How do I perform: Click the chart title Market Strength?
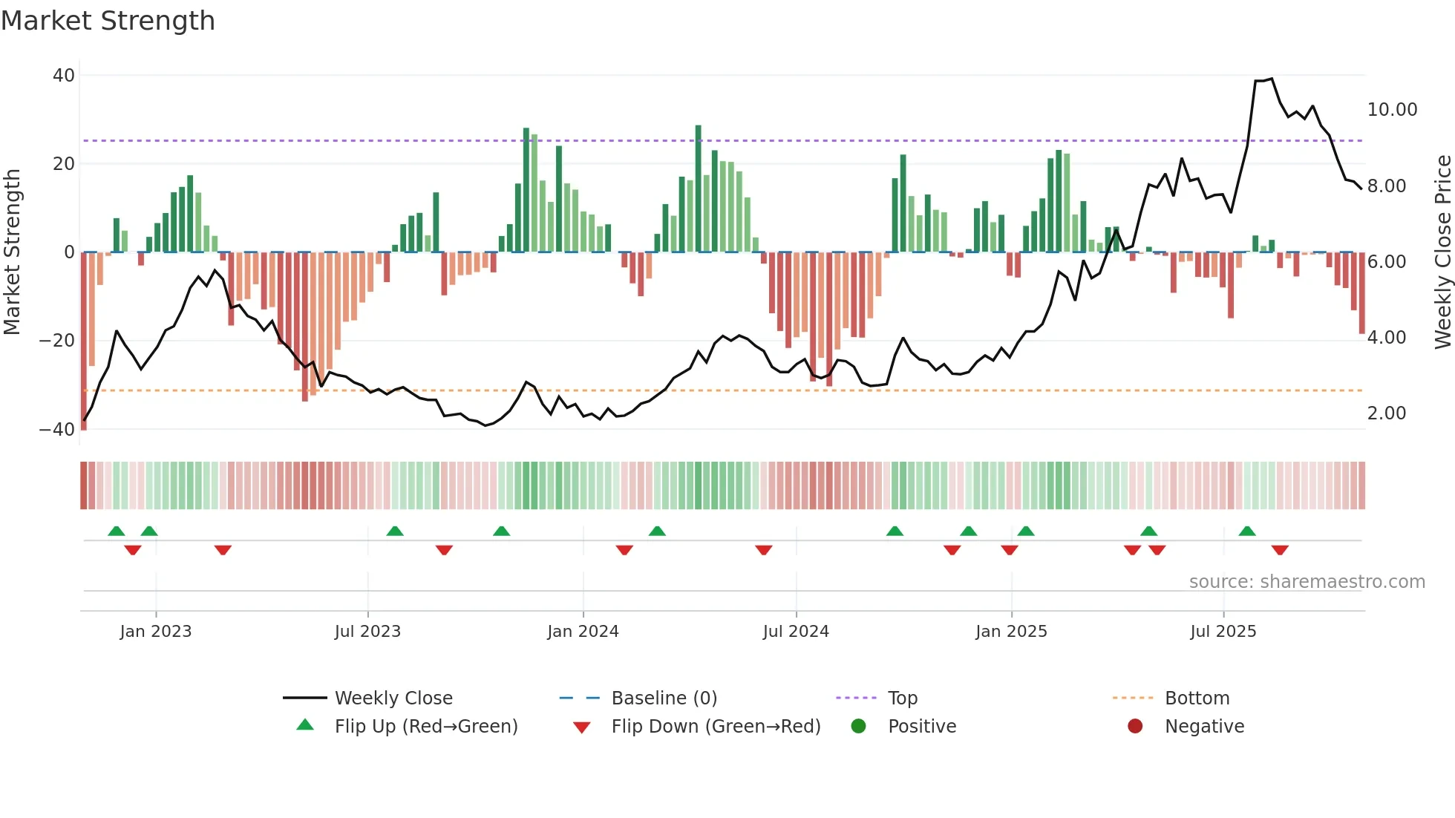(108, 20)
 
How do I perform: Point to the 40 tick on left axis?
(64, 76)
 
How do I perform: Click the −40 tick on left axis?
(57, 430)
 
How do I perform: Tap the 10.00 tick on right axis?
(1392, 110)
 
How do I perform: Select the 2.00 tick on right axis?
(1386, 413)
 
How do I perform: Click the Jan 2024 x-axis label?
(583, 632)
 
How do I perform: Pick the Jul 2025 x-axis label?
(1223, 632)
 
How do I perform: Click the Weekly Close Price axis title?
(1442, 252)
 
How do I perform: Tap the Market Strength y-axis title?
(12, 252)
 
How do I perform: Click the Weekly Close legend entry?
(393, 698)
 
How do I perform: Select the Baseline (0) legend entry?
(664, 698)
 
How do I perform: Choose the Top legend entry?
(902, 698)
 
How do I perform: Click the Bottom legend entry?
(1197, 698)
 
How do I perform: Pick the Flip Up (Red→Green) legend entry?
(425, 727)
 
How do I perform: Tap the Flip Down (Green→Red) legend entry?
(715, 727)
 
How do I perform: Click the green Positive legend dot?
(858, 727)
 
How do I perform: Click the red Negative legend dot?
(1134, 727)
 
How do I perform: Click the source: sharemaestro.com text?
(1307, 582)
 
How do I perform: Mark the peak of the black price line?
(1271, 79)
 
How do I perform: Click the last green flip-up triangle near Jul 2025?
(1247, 531)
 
